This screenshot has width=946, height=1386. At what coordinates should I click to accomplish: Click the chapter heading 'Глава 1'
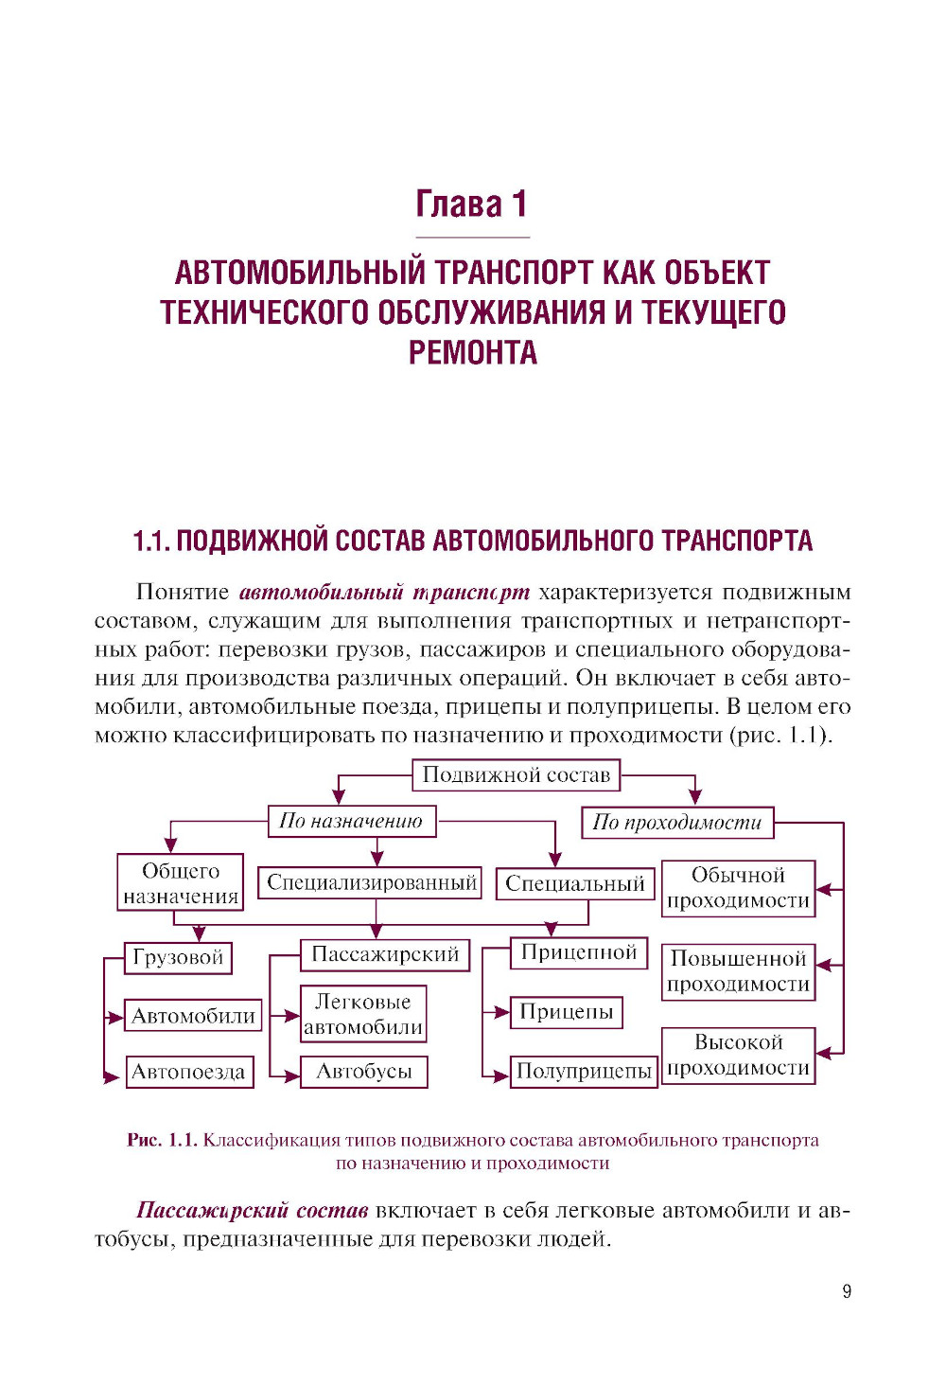click(471, 204)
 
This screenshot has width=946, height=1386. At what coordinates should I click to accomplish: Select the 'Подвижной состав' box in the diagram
click(517, 775)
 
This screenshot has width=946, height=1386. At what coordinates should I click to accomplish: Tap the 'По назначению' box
click(351, 821)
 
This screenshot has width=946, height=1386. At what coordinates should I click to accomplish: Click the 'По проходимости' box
click(677, 823)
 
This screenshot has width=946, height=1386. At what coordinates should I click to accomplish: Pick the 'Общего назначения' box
click(181, 883)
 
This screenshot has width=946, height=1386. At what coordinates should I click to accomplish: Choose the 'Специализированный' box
click(371, 883)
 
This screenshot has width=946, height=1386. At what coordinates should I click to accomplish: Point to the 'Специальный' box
click(575, 884)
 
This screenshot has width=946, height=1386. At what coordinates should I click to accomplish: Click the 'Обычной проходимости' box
click(738, 888)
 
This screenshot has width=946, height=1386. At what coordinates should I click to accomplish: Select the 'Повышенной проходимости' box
click(738, 971)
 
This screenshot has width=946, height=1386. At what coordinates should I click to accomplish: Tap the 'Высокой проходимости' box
click(738, 1056)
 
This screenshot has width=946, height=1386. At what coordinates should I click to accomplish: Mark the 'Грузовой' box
click(178, 957)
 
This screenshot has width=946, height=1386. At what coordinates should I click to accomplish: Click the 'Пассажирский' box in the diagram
click(385, 954)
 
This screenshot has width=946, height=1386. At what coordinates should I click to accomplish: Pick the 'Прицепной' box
click(579, 953)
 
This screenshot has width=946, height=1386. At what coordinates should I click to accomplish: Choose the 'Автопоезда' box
click(189, 1073)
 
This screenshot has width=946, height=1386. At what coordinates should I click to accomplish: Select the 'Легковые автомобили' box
click(363, 1014)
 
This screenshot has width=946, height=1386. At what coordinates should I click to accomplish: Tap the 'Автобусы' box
click(364, 1072)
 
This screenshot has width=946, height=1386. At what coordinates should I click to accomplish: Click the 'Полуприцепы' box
click(584, 1072)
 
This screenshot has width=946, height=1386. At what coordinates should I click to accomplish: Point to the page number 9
click(847, 1291)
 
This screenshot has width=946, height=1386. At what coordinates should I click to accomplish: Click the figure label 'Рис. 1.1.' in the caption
click(162, 1140)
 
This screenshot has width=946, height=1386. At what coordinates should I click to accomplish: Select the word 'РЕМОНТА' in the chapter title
click(473, 353)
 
